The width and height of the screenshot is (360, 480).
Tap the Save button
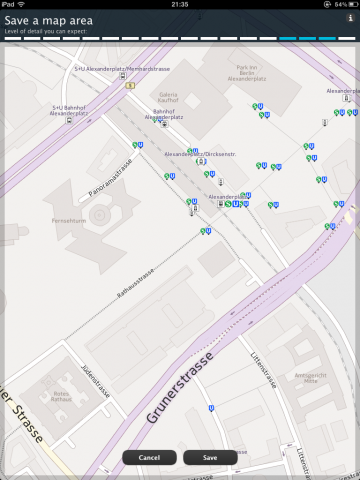(210, 457)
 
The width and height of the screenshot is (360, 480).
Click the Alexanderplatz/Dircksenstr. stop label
(199, 154)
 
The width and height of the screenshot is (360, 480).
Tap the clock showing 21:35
(180, 4)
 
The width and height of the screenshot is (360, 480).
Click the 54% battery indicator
(342, 4)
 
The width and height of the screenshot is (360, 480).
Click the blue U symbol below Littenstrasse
(211, 407)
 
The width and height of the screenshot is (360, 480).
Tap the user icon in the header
(349, 18)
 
